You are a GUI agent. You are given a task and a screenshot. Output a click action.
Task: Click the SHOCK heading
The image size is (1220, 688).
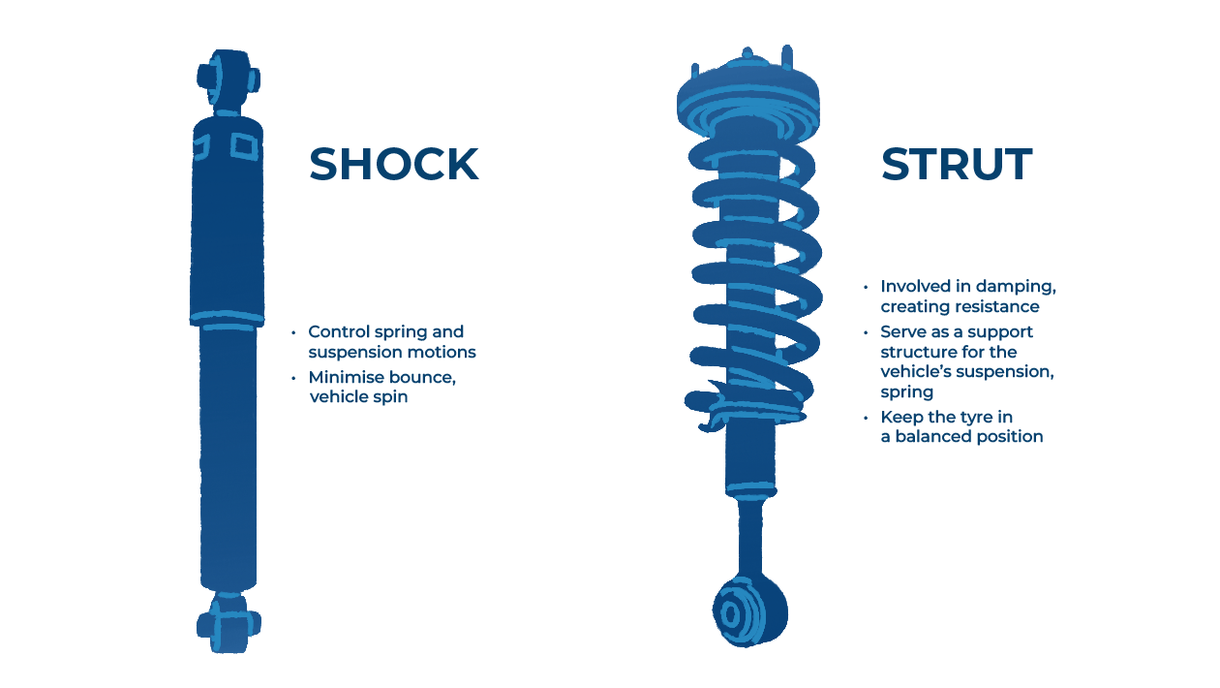click(x=393, y=165)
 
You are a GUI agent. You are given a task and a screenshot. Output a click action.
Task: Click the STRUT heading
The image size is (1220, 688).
click(x=956, y=165)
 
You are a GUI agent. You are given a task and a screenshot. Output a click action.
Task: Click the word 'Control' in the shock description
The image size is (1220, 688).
click(x=339, y=332)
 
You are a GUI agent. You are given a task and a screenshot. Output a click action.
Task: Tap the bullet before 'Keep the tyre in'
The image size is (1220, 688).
click(x=866, y=418)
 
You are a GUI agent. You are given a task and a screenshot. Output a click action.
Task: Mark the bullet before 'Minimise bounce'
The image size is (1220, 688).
click(x=293, y=378)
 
